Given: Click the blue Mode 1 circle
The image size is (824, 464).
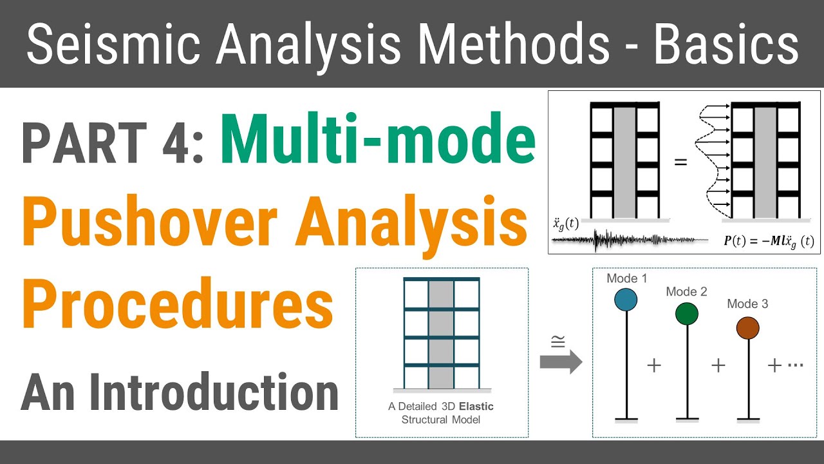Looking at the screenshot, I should pyautogui.click(x=625, y=300).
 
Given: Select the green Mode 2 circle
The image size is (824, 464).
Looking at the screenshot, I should pyautogui.click(x=687, y=313).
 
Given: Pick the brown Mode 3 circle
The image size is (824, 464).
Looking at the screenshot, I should pyautogui.click(x=747, y=328).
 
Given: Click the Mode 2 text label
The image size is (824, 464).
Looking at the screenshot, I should pyautogui.click(x=686, y=292).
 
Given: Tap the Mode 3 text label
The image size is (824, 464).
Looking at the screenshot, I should pyautogui.click(x=747, y=304).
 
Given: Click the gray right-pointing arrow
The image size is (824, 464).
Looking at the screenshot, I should pyautogui.click(x=560, y=363).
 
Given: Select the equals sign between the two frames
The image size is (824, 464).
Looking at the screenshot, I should pyautogui.click(x=680, y=162).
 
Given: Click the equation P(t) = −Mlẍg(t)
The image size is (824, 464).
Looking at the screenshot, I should pyautogui.click(x=769, y=242).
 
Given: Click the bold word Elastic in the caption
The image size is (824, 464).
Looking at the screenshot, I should pyautogui.click(x=477, y=407).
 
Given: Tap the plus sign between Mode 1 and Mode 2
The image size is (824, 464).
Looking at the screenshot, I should pyautogui.click(x=654, y=366).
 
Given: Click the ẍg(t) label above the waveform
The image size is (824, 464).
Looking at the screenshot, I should pyautogui.click(x=566, y=225).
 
